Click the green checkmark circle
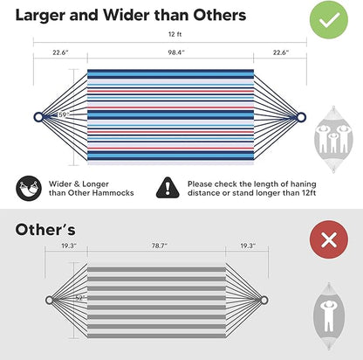[329, 19]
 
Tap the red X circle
[329, 239]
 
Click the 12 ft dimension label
[175, 34]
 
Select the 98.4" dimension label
[176, 52]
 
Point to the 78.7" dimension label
[160, 246]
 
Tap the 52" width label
[79, 298]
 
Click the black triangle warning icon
[168, 188]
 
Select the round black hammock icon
[29, 188]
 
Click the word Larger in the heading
[40, 16]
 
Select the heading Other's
[45, 230]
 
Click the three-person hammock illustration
[333, 139]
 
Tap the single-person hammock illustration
[329, 316]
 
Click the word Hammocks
[115, 193]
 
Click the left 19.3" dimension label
[69, 246]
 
